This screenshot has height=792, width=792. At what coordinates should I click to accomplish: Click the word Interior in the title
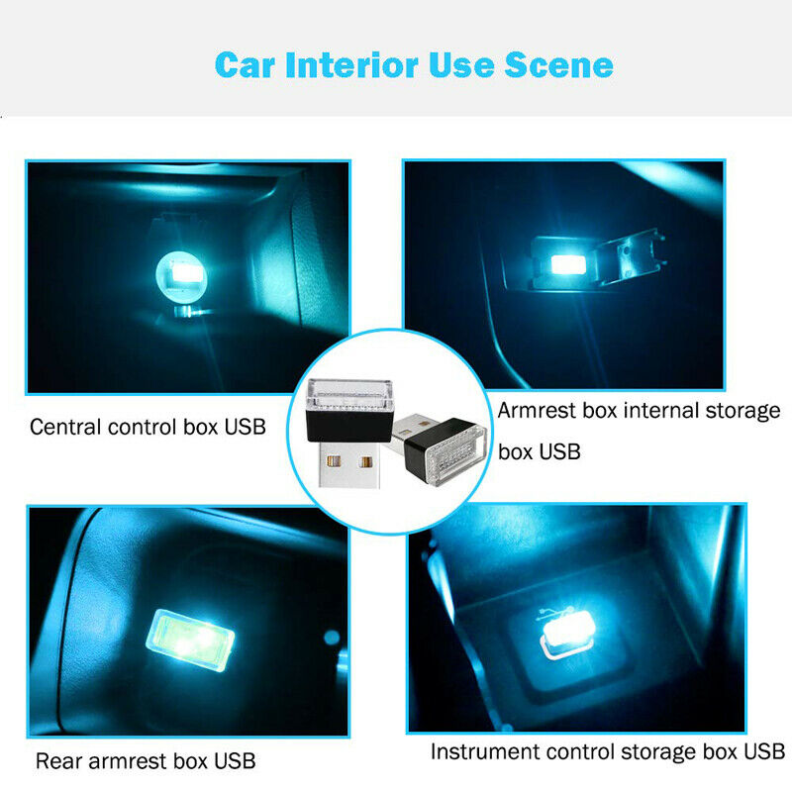coord(351,65)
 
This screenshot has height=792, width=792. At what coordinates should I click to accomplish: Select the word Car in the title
coord(245,65)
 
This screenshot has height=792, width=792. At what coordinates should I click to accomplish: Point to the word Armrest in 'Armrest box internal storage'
coord(537,410)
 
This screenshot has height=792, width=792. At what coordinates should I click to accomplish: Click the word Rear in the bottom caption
coord(58,760)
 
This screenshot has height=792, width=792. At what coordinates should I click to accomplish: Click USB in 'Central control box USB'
coord(245,427)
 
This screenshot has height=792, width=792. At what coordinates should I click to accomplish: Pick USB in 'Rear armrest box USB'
coord(235,760)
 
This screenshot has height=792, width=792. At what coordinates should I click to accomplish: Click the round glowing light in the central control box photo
coord(181,276)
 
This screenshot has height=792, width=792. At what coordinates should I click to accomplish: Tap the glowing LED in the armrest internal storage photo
coord(567,264)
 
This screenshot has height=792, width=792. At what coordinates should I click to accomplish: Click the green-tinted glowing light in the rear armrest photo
coord(190,640)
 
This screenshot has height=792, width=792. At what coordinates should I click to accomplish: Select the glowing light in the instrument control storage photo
coord(568,634)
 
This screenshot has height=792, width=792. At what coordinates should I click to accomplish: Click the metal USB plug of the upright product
coord(348,463)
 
